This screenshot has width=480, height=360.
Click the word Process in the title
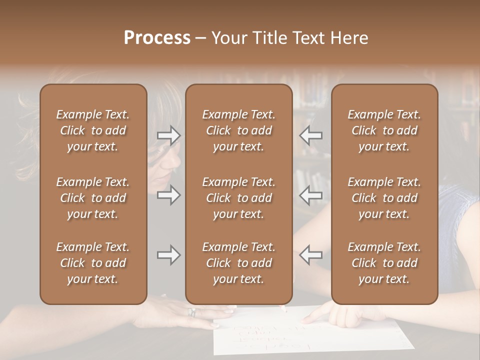coord(157,37)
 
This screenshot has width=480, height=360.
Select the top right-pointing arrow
coord(168,135)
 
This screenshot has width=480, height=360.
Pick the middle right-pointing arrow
coord(168,195)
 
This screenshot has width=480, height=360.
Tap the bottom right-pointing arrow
coord(168,255)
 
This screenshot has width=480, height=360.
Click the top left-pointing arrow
coord(310,135)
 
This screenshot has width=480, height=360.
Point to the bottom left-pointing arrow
coord(310,255)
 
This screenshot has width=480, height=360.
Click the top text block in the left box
coord(93,130)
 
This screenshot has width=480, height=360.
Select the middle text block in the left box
coord(93,198)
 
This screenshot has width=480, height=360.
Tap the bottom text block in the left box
coord(93,263)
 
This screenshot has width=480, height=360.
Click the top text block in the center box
coord(239,130)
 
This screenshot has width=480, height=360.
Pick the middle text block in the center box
coord(239,198)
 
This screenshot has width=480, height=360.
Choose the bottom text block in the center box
coord(239,263)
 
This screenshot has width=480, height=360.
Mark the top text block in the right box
coord(384,130)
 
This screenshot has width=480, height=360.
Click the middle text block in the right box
coord(384,198)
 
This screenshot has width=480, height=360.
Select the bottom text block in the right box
coord(384,263)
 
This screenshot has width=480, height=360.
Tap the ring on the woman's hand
coord(191,312)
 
